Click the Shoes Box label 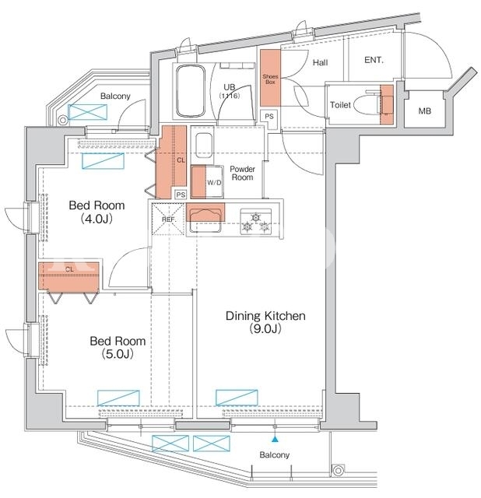(270, 79)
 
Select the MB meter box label (424, 110)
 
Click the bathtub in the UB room (190, 91)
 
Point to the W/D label (214, 183)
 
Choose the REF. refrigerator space (169, 219)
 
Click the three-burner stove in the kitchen (256, 221)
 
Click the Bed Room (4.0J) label (97, 212)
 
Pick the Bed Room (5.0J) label (118, 347)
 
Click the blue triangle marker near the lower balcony (275, 440)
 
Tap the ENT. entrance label (374, 60)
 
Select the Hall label (320, 62)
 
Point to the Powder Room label (242, 173)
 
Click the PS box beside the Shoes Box (269, 116)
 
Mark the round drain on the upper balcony (63, 120)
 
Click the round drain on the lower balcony (339, 470)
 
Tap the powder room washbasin (204, 146)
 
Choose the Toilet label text (340, 105)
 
